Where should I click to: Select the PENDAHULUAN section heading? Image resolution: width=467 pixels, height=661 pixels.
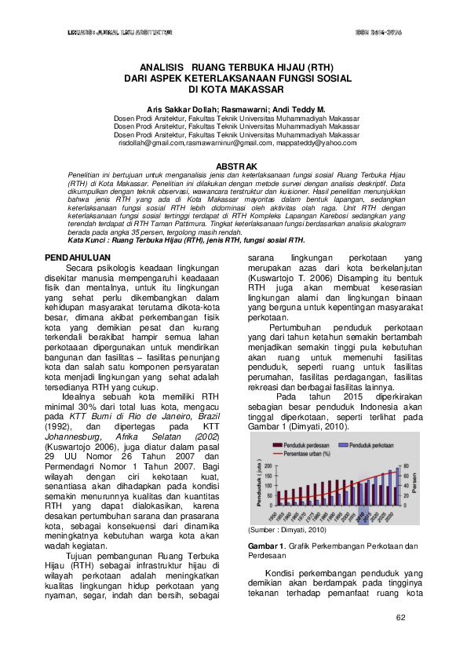click(75, 257)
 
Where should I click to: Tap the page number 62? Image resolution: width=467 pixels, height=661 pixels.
click(400, 617)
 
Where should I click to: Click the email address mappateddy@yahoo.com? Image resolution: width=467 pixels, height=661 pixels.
click(316, 143)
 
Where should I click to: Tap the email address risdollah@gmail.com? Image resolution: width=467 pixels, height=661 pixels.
click(151, 143)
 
